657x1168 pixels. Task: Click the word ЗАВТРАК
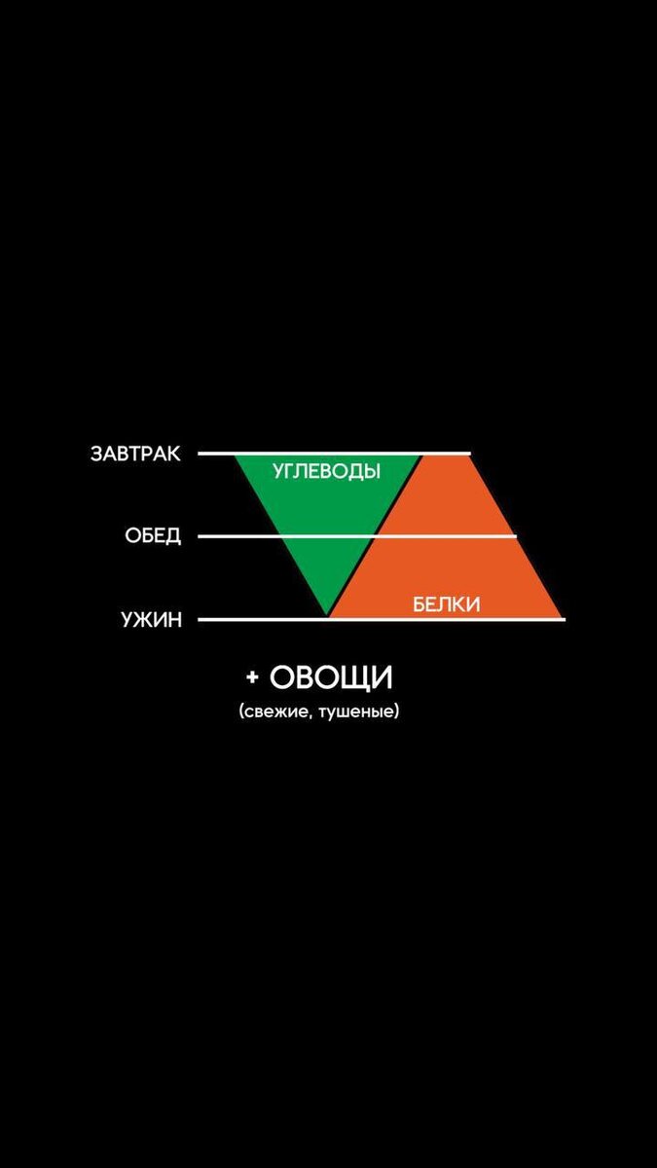pos(135,454)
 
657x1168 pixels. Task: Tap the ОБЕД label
pos(153,536)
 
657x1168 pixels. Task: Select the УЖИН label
pos(151,619)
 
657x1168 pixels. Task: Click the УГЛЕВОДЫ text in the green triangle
pos(326,471)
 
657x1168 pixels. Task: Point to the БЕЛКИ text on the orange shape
pos(447,604)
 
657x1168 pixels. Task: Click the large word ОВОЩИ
pos(331,677)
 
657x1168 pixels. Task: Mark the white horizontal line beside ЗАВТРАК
pos(216,454)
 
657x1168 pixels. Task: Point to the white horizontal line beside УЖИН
pos(253,619)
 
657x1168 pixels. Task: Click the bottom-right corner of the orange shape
pos(563,617)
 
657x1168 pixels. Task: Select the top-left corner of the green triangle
pos(236,456)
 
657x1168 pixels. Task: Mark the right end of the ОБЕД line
pos(516,536)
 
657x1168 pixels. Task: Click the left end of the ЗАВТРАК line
pos(200,454)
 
